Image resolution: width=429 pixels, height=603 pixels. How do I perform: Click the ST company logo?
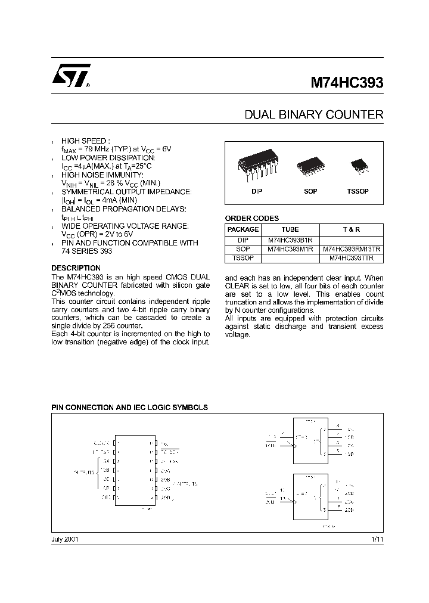click(70, 76)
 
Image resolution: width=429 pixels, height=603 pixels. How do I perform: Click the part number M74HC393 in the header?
click(347, 83)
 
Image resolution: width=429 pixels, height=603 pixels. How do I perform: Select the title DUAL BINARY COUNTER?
click(314, 114)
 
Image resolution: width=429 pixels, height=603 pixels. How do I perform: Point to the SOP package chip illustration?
click(310, 165)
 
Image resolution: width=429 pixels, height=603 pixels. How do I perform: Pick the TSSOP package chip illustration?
click(359, 164)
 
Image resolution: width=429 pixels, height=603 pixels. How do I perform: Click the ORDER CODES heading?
click(251, 219)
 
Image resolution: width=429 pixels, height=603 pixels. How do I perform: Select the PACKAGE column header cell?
click(243, 229)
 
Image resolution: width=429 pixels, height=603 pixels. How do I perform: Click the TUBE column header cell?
click(290, 229)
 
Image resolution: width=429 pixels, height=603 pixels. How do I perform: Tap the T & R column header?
click(352, 229)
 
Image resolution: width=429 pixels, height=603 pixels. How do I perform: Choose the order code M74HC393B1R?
click(290, 240)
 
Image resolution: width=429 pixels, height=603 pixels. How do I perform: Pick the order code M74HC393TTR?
click(352, 259)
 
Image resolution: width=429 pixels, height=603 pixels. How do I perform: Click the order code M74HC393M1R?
click(290, 249)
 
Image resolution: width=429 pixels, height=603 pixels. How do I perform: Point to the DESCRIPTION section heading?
click(76, 268)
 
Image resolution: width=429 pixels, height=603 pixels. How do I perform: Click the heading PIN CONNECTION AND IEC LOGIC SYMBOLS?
click(130, 408)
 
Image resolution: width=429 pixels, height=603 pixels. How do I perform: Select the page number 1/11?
click(377, 539)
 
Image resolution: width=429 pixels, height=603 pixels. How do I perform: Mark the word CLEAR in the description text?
click(238, 286)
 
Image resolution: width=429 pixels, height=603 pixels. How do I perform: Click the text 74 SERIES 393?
click(86, 251)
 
